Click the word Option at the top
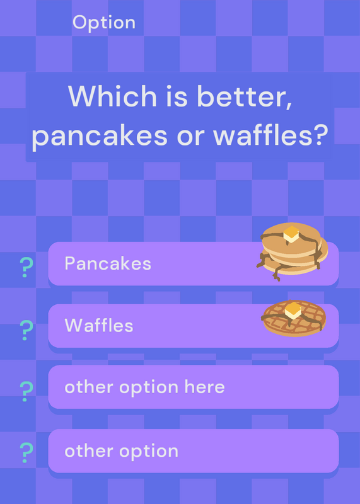pos(104,23)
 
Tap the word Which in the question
pos(112,96)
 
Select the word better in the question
pos(244,96)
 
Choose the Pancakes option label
pos(108,263)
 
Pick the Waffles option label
pos(99,325)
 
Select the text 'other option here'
pos(144,387)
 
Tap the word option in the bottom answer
pos(149,452)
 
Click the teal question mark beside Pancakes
pos(26,267)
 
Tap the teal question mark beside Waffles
pos(26,330)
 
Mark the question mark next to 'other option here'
pos(26,391)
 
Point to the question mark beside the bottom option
pos(26,452)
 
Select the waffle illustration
pos(294,318)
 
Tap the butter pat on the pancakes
pos(291,234)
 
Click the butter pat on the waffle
pos(293,310)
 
